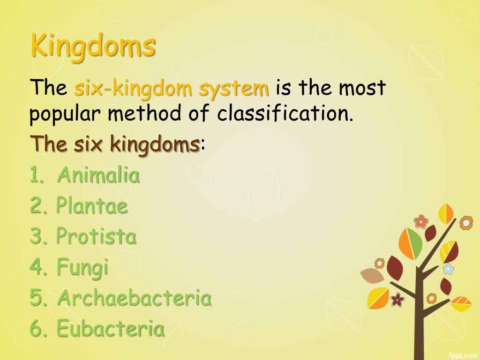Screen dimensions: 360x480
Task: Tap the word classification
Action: (x=284, y=114)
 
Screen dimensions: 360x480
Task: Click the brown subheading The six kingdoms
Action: (x=115, y=144)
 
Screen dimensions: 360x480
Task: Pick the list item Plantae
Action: (x=92, y=206)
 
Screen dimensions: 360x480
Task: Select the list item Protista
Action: (x=96, y=236)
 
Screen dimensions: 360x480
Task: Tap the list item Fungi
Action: (x=82, y=268)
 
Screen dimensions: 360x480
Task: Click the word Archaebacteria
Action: (x=134, y=298)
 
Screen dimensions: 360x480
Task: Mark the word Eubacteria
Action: (x=110, y=329)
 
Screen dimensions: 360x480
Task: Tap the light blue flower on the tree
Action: (x=449, y=269)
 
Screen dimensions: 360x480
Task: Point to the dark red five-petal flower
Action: (x=397, y=299)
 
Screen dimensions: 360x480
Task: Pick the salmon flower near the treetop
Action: (x=421, y=221)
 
